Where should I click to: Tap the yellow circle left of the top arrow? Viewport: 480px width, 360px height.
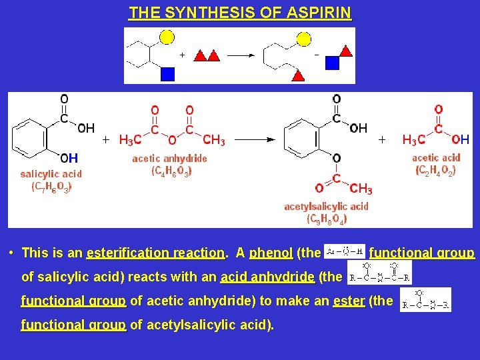(167, 37)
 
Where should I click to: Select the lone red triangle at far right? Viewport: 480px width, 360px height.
(346, 50)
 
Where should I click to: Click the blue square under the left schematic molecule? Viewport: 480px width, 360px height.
(167, 73)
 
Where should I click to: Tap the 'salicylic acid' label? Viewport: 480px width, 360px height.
(51, 174)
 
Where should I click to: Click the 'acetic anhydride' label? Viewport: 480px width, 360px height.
(169, 159)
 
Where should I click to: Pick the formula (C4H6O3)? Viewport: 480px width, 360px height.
(171, 171)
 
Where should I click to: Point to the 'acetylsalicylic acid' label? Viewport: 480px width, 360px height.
(326, 207)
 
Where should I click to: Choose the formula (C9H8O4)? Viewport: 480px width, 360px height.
(326, 218)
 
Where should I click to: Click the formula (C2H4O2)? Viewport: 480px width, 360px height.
(436, 171)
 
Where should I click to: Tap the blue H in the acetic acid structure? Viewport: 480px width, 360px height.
(465, 139)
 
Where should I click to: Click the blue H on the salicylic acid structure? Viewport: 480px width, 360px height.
(73, 158)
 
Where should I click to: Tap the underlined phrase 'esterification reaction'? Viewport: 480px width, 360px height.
(155, 253)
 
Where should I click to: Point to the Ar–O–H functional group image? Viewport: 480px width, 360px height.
(344, 251)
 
